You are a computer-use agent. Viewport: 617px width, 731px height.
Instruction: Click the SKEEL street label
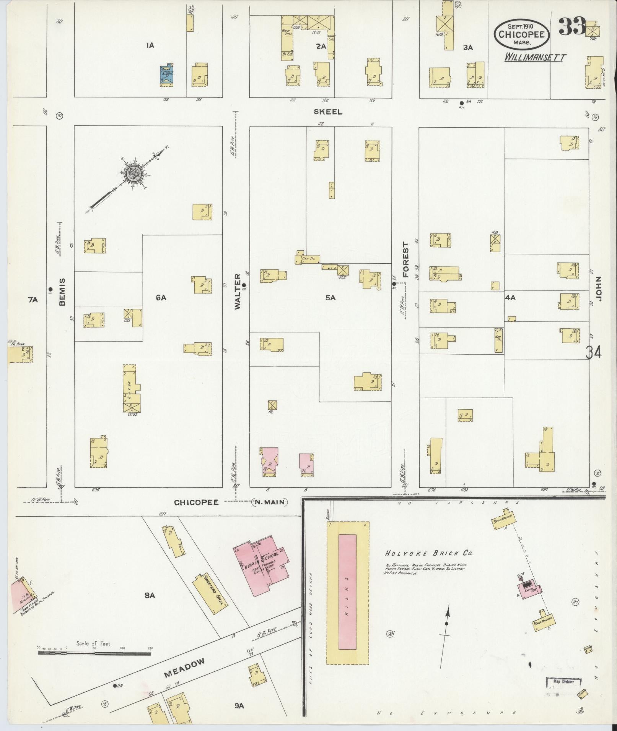(x=328, y=112)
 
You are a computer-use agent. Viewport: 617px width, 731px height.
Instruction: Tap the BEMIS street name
(x=62, y=292)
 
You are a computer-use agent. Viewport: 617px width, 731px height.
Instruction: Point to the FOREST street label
(x=405, y=260)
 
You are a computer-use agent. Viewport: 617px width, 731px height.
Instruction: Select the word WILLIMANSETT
(x=535, y=57)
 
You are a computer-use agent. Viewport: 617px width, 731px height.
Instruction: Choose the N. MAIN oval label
(x=270, y=502)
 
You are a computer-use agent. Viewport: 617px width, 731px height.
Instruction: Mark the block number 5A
(x=330, y=297)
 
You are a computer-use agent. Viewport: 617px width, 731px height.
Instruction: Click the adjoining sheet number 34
(x=593, y=352)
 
